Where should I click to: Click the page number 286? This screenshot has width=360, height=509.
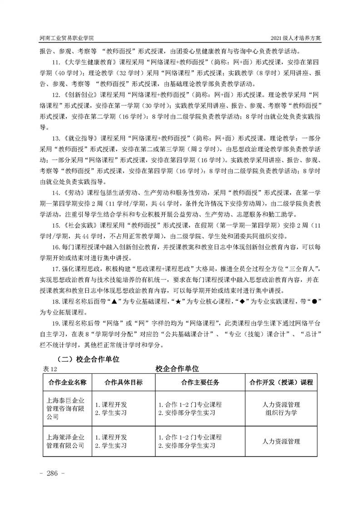(x=53, y=474)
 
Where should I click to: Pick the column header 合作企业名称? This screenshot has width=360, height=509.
(x=67, y=382)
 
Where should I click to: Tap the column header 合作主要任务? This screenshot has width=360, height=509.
(x=200, y=382)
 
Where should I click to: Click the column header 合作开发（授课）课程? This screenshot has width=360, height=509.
(x=281, y=382)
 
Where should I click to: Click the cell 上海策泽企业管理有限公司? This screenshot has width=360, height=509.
(x=66, y=441)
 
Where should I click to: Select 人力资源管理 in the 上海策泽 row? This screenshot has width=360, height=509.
(x=281, y=441)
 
